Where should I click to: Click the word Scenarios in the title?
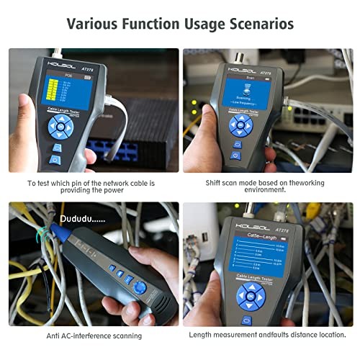256,24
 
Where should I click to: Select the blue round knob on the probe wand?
140,287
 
